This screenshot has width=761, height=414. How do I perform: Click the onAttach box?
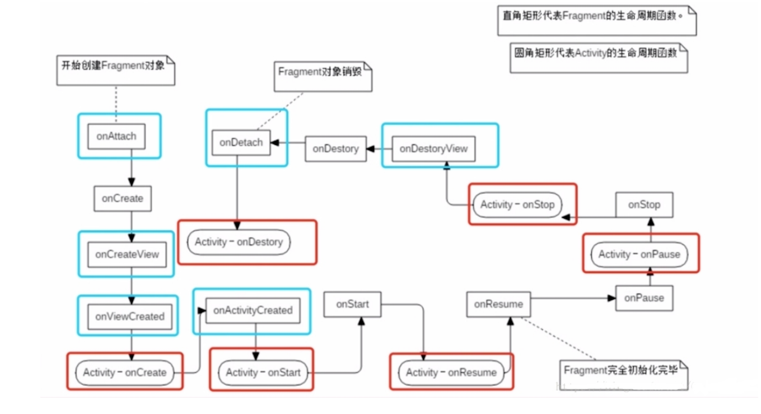[116, 136]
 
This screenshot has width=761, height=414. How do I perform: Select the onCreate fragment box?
[122, 199]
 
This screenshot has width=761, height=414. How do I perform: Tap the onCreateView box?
[127, 254]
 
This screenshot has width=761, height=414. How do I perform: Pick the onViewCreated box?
[129, 317]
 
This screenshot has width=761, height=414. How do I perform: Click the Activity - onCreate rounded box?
[125, 373]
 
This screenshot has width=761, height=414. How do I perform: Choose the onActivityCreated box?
[253, 310]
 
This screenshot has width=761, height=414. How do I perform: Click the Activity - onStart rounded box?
[263, 373]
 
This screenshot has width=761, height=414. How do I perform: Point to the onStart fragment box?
[352, 304]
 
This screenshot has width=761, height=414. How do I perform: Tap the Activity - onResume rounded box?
[451, 373]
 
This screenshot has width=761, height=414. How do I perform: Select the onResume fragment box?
[498, 304]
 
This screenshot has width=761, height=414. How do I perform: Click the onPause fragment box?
[644, 298]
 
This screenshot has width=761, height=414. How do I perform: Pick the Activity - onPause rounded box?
[639, 254]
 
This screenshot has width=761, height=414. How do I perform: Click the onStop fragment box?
[644, 205]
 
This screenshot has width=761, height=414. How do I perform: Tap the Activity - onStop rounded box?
[517, 205]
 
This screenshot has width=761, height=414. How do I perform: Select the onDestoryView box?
[433, 149]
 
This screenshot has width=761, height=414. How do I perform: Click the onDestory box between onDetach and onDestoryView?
[335, 149]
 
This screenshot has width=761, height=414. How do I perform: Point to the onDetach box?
[241, 142]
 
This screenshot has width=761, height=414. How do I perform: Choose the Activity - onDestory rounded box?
[239, 243]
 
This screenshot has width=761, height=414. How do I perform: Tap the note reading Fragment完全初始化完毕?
[622, 370]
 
